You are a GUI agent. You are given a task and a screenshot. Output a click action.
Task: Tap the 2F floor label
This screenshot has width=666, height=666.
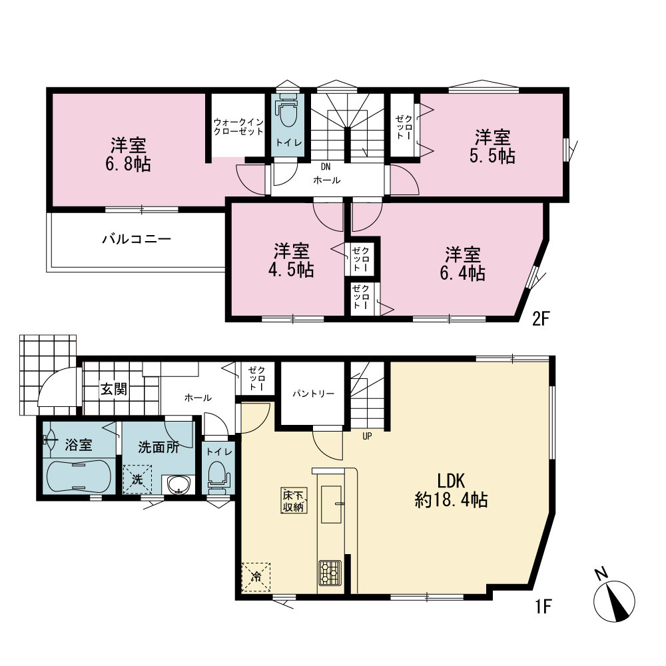pos(541,318)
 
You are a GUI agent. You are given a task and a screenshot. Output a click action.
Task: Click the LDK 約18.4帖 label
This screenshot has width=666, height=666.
pos(451,490)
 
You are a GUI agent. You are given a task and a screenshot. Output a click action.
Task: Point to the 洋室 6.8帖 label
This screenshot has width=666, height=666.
pos(129,155)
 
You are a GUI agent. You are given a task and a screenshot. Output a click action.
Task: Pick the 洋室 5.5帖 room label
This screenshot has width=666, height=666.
pos(492,147)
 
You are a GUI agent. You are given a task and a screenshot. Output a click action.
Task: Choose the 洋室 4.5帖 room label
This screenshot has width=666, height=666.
pos(292,260)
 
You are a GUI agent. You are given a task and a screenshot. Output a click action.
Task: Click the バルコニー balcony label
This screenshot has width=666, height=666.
pos(137,239)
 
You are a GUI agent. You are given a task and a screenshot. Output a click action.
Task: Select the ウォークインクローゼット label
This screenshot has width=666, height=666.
pos(238,127)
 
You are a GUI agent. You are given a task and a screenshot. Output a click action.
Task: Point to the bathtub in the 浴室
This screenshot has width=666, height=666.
pos(79,476)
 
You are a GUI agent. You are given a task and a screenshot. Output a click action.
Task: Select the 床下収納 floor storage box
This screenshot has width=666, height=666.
pos(294,501)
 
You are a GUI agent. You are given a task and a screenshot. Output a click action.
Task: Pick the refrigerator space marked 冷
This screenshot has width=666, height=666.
pos(256,577)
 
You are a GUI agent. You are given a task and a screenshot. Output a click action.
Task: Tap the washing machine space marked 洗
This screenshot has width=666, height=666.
pos(137,480)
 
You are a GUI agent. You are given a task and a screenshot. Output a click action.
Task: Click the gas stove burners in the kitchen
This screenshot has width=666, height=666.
pos(330,572)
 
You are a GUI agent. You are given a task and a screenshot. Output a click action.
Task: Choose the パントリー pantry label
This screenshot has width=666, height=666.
pos(313,394)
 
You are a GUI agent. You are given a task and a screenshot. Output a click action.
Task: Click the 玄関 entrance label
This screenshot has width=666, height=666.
pos(114,389)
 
